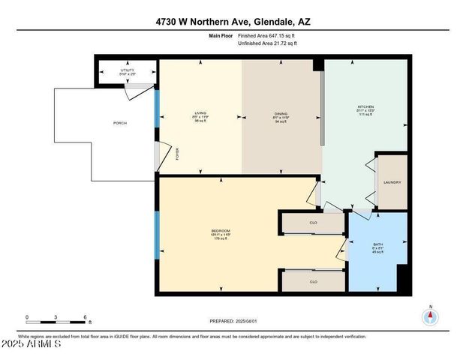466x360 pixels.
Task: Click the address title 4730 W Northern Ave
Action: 233,21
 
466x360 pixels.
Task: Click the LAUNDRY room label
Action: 392,182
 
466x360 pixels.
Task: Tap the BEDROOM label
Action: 221,230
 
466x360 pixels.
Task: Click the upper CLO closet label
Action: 314,223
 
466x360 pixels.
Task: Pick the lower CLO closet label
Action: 314,282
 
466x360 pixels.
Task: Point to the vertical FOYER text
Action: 177,154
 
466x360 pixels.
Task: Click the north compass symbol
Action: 431,316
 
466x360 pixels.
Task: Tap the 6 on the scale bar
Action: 86,316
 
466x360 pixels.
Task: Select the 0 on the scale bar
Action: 27,316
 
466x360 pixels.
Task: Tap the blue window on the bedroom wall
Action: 157,235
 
